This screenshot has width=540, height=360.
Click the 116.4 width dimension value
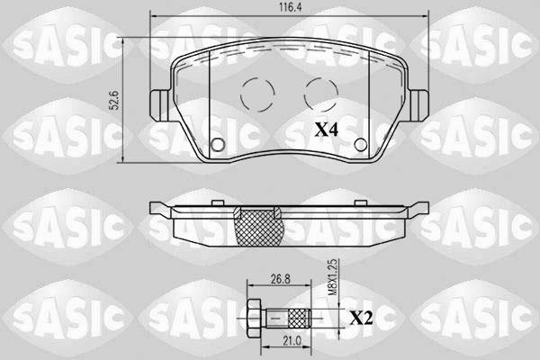pyautogui.click(x=290, y=8)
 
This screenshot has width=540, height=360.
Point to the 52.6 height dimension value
pyautogui.click(x=115, y=100)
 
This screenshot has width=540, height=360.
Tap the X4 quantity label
pyautogui.click(x=327, y=130)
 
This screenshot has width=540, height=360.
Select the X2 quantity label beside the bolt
pyautogui.click(x=361, y=319)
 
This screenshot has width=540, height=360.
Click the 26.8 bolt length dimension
pyautogui.click(x=280, y=279)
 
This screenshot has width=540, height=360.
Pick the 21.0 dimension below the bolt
pyautogui.click(x=292, y=341)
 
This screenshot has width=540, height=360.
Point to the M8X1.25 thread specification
pyautogui.click(x=332, y=277)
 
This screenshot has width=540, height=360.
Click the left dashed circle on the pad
pyautogui.click(x=257, y=94)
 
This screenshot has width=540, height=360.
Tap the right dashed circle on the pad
pyautogui.click(x=321, y=94)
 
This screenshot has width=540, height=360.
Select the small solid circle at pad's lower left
pyautogui.click(x=218, y=144)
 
